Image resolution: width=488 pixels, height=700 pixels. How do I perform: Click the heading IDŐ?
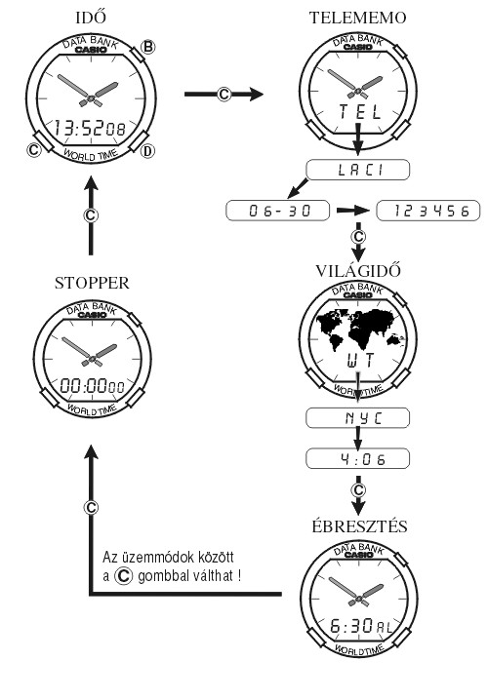(x=91, y=17)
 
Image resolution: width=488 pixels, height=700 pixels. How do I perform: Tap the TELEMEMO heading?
(x=357, y=18)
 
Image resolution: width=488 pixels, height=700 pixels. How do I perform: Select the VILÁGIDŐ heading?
(x=358, y=270)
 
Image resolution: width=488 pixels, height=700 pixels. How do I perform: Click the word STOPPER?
(x=92, y=283)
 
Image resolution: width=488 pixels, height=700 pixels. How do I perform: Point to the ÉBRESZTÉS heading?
(x=359, y=525)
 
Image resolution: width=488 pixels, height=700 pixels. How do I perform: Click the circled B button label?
(x=148, y=47)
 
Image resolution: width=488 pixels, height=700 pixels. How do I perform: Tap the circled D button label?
(x=147, y=151)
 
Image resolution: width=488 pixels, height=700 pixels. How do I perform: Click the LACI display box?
(x=357, y=170)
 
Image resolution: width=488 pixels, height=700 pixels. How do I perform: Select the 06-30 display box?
(x=278, y=211)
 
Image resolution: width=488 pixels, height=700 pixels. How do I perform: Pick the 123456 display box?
(x=428, y=211)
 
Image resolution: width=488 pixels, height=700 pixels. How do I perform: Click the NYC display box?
(x=357, y=418)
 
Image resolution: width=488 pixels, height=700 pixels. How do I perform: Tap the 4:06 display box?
(x=357, y=458)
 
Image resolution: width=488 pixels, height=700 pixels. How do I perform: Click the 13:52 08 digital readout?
(x=90, y=128)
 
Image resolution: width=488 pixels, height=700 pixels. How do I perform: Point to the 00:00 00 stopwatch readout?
(x=93, y=385)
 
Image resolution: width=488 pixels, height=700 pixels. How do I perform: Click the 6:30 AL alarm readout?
(x=361, y=626)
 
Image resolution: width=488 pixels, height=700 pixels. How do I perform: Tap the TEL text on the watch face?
(x=360, y=111)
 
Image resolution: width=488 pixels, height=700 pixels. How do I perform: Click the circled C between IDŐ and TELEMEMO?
(x=224, y=95)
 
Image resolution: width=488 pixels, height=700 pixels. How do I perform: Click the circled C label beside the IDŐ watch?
(x=34, y=150)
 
